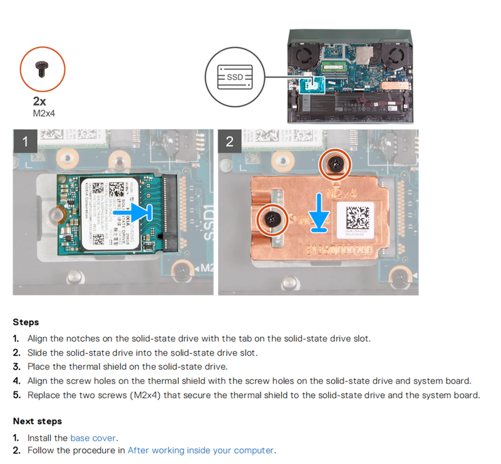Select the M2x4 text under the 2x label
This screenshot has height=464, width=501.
point(42,113)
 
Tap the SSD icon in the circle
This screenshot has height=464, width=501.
point(234,78)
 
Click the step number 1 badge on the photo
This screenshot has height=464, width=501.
point(26,142)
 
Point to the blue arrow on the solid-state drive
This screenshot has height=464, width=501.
point(135,213)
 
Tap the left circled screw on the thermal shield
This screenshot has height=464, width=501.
point(273,218)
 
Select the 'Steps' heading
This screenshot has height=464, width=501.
point(26,322)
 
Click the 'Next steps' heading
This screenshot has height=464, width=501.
point(37,421)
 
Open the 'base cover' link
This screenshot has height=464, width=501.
point(93,438)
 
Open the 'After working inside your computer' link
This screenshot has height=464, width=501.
point(200,450)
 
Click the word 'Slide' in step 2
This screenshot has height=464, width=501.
point(39,353)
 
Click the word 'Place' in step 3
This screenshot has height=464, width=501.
point(39,366)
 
